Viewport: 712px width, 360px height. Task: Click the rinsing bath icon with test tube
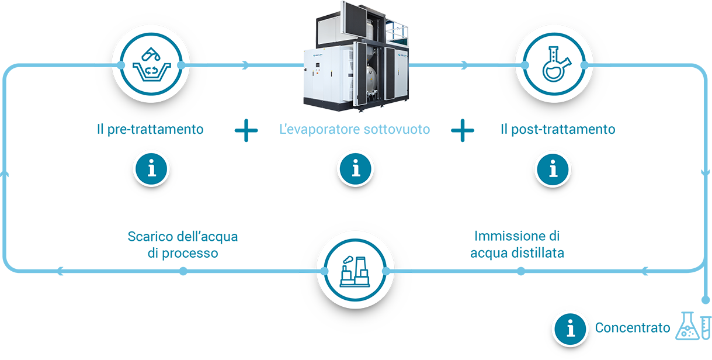coord(151,64)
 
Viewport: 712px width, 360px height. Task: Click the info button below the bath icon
coord(152,169)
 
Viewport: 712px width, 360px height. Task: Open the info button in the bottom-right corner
coord(570,328)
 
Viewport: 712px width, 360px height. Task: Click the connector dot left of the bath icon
coord(120,64)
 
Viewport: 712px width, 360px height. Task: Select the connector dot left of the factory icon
coord(323,271)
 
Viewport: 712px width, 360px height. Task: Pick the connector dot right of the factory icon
coord(385,271)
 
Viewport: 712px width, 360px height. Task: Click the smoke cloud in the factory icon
coord(348,259)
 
